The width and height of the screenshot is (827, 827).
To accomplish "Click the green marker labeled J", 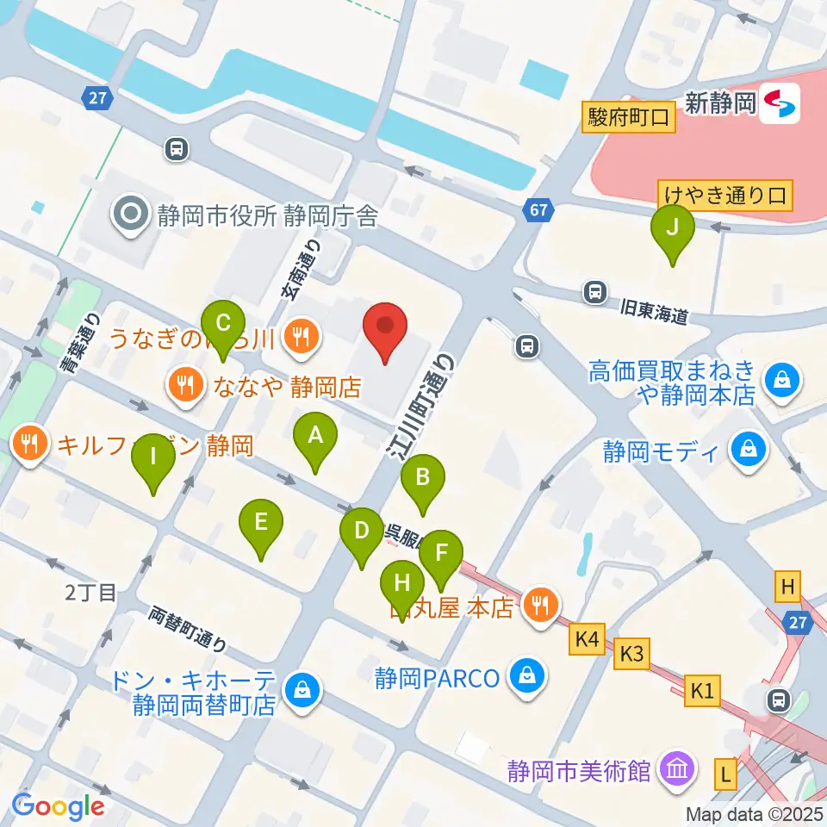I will [x=673, y=229].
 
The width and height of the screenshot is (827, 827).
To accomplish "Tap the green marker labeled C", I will [x=223, y=326].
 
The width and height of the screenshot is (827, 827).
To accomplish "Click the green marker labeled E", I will [x=261, y=523].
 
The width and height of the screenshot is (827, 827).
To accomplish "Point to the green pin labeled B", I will [x=422, y=479].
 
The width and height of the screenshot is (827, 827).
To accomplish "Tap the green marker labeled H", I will [x=401, y=584].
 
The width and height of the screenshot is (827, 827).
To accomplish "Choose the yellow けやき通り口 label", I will [x=724, y=194].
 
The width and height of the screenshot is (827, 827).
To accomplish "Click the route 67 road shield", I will [x=538, y=209].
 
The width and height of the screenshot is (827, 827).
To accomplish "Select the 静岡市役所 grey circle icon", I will [x=133, y=215].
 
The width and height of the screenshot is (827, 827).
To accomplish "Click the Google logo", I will [x=58, y=806].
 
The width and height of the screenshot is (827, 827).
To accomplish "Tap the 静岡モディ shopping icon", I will [x=748, y=451].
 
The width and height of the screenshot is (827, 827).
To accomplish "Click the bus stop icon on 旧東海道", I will [x=594, y=292].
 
